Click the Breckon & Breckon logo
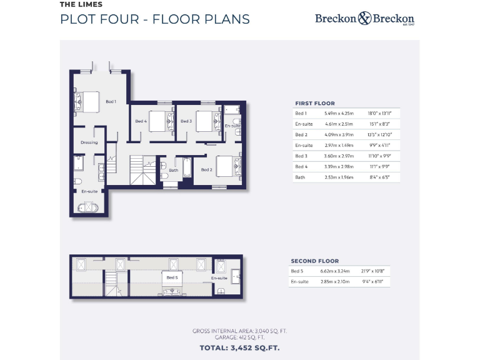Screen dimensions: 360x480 364,19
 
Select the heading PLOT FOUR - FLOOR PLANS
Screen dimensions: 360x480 154,19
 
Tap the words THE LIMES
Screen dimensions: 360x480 81,4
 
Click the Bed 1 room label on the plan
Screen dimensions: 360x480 111,101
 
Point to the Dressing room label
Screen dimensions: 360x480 89,142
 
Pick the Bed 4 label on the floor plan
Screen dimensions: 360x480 141,121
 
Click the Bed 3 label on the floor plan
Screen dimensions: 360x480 186,121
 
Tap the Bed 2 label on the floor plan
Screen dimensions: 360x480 207,169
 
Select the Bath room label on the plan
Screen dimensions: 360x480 174,169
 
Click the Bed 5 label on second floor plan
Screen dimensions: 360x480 171,277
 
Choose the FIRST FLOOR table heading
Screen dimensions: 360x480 314,103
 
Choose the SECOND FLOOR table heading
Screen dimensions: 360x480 314,261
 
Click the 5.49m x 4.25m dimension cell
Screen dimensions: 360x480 339,113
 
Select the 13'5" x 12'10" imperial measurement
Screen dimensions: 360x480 380,134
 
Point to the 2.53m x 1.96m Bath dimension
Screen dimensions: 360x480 339,177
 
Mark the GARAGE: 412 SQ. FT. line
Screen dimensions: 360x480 239,337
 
